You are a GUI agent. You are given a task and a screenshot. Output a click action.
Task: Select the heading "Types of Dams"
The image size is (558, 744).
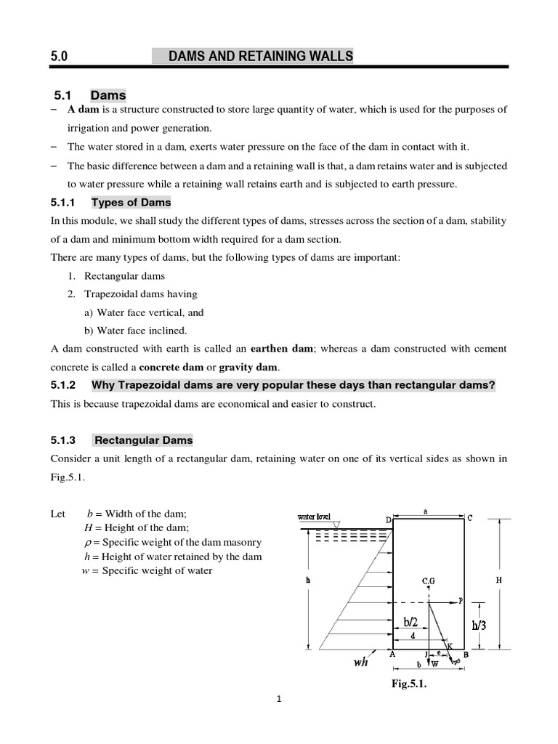pos(131,202)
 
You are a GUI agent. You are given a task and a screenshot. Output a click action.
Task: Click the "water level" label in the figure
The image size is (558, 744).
pos(315,517)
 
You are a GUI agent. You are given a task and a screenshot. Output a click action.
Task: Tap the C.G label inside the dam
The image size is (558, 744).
pos(429,581)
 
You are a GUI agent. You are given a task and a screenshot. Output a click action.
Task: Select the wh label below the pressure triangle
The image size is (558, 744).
pos(360,662)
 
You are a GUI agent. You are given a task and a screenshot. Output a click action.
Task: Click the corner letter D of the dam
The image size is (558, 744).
pos(388,519)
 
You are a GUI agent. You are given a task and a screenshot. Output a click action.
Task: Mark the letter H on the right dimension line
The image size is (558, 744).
pos(499,581)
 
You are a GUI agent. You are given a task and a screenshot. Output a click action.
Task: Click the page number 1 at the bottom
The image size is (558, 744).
pos(278,700)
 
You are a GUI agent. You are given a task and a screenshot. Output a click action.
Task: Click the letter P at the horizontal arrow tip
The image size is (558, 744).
pos(461,600)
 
